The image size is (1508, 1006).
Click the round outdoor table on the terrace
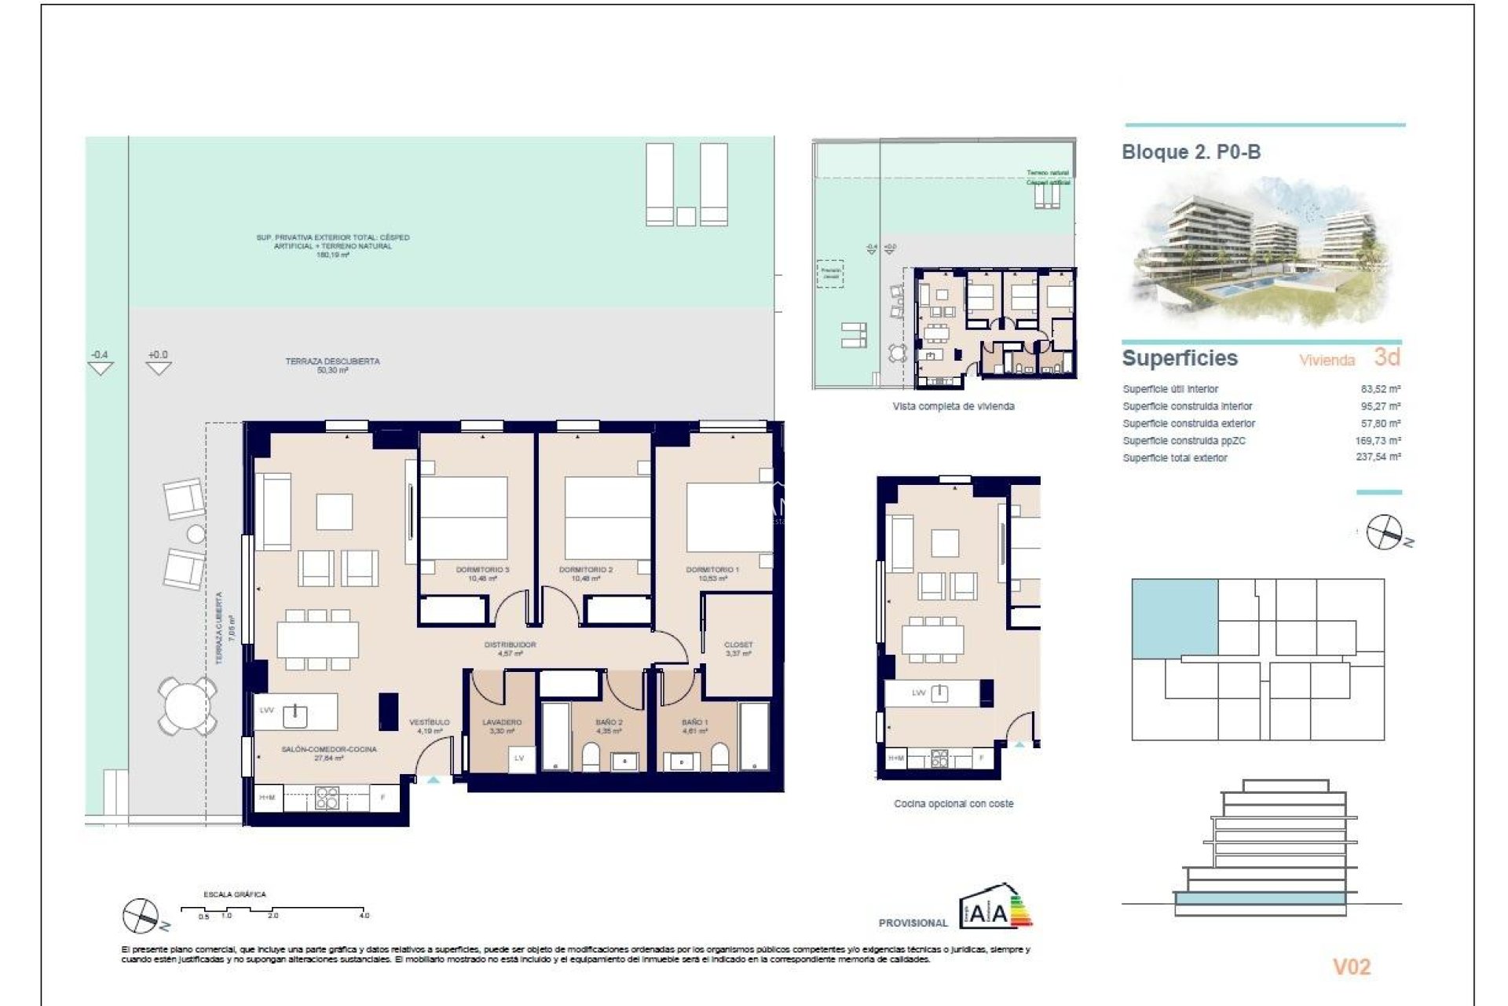pyautogui.click(x=187, y=705)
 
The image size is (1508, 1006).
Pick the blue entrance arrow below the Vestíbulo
pyautogui.click(x=434, y=780)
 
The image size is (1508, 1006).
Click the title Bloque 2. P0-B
pyautogui.click(x=1191, y=152)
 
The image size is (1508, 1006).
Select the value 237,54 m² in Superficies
pyautogui.click(x=1378, y=457)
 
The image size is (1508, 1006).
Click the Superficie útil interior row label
pyautogui.click(x=1170, y=389)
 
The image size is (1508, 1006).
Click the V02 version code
pyautogui.click(x=1351, y=967)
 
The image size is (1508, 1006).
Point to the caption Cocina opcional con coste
pyautogui.click(x=953, y=803)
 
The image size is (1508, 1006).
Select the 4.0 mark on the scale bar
pyautogui.click(x=364, y=916)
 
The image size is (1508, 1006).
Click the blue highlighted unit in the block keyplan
pyautogui.click(x=1174, y=618)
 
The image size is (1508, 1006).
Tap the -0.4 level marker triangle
pyautogui.click(x=100, y=367)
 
